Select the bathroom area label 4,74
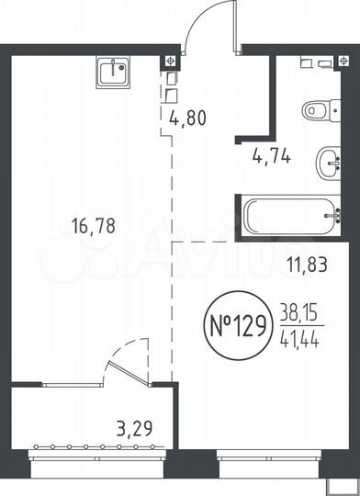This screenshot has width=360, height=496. coord(272,155)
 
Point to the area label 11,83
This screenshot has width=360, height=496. coord(308,266)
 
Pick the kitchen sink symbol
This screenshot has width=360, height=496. coord(114,71)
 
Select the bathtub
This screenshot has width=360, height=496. coord(295,218)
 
